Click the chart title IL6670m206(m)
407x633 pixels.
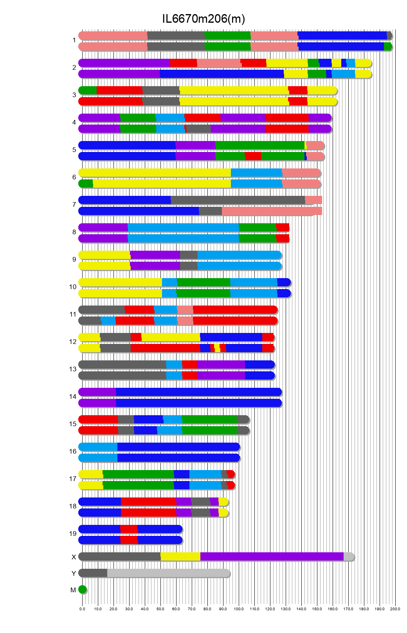pos(203,19)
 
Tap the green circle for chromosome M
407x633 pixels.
pos(82,590)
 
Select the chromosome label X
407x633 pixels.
pos(74,557)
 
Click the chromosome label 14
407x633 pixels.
pos(73,396)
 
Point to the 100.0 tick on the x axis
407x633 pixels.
pos(239,609)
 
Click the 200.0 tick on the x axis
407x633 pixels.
pos(395,609)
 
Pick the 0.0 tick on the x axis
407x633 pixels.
pos(82,609)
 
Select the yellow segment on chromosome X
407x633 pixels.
pos(180,557)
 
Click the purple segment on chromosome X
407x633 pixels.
pos(272,557)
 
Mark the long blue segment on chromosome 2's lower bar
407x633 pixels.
pos(222,74)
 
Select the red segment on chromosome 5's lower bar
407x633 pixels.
pos(253,156)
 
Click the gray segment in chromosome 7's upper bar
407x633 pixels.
pos(238,200)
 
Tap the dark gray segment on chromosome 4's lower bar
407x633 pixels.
pos(198,129)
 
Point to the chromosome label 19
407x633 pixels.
pos(73,534)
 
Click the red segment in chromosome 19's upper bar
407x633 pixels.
pos(129,529)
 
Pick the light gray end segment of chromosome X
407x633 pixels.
pos(348,557)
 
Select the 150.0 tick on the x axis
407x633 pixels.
pos(317,609)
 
